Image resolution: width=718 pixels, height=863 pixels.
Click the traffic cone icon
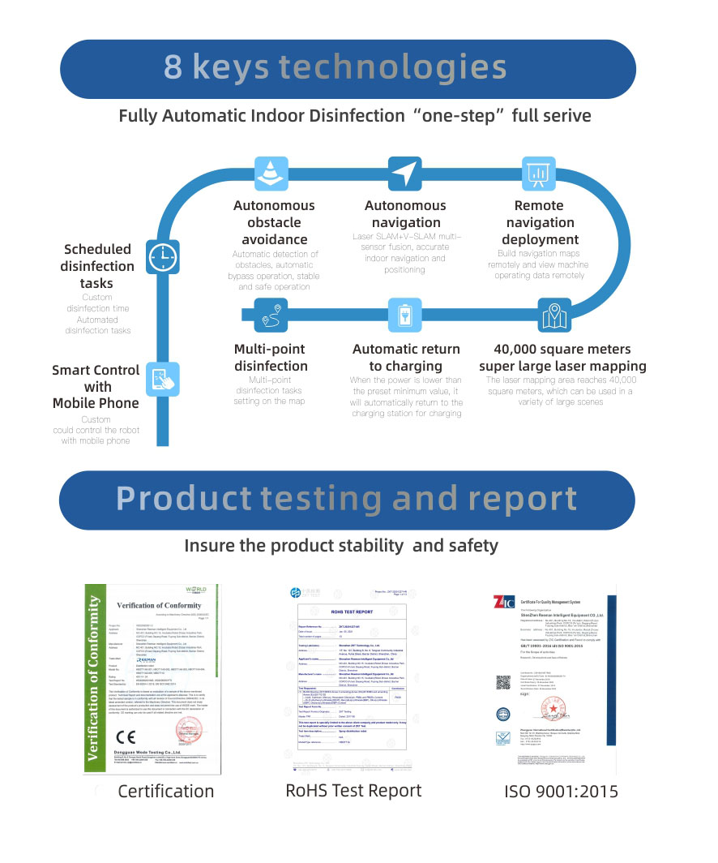[x=268, y=172]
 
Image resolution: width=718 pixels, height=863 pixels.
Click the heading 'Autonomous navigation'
[x=405, y=214]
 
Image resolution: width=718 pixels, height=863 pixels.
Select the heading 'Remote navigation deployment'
[x=540, y=222]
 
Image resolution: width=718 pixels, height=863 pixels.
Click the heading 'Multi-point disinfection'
[x=271, y=358]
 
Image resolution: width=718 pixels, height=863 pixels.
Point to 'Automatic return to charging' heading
[x=406, y=358]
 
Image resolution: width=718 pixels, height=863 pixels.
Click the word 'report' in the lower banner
[x=520, y=497]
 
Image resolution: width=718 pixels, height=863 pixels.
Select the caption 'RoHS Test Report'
[x=354, y=790]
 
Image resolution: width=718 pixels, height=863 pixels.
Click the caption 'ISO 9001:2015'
[x=562, y=791]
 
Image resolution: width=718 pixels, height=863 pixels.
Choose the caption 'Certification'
[x=166, y=791]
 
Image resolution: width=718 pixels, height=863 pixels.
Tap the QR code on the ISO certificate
[x=503, y=683]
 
